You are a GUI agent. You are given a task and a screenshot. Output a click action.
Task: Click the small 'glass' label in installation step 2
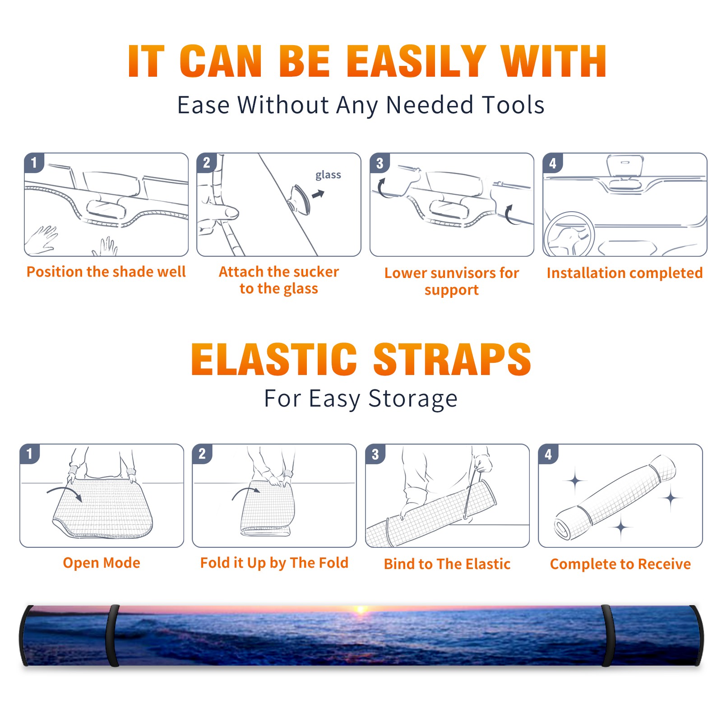tap(328, 175)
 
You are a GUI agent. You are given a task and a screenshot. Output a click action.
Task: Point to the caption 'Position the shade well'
tap(106, 272)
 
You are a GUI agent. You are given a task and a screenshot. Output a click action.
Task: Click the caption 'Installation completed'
tap(625, 273)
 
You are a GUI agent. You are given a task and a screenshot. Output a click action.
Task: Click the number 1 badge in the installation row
tap(34, 162)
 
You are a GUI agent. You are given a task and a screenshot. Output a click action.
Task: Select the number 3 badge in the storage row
tap(375, 454)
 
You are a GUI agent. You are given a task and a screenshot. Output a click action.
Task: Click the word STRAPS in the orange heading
tap(452, 359)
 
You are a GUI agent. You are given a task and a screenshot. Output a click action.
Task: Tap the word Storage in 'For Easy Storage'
tap(413, 399)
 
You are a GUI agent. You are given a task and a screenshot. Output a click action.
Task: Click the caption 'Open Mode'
tap(102, 563)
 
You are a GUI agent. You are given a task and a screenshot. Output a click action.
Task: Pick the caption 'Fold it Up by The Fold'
tap(274, 563)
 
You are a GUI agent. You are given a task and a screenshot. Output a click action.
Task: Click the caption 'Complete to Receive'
tap(620, 564)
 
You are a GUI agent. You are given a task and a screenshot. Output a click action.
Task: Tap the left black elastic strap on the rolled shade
tap(113, 635)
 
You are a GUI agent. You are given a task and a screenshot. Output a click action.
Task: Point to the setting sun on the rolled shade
tap(361, 610)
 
